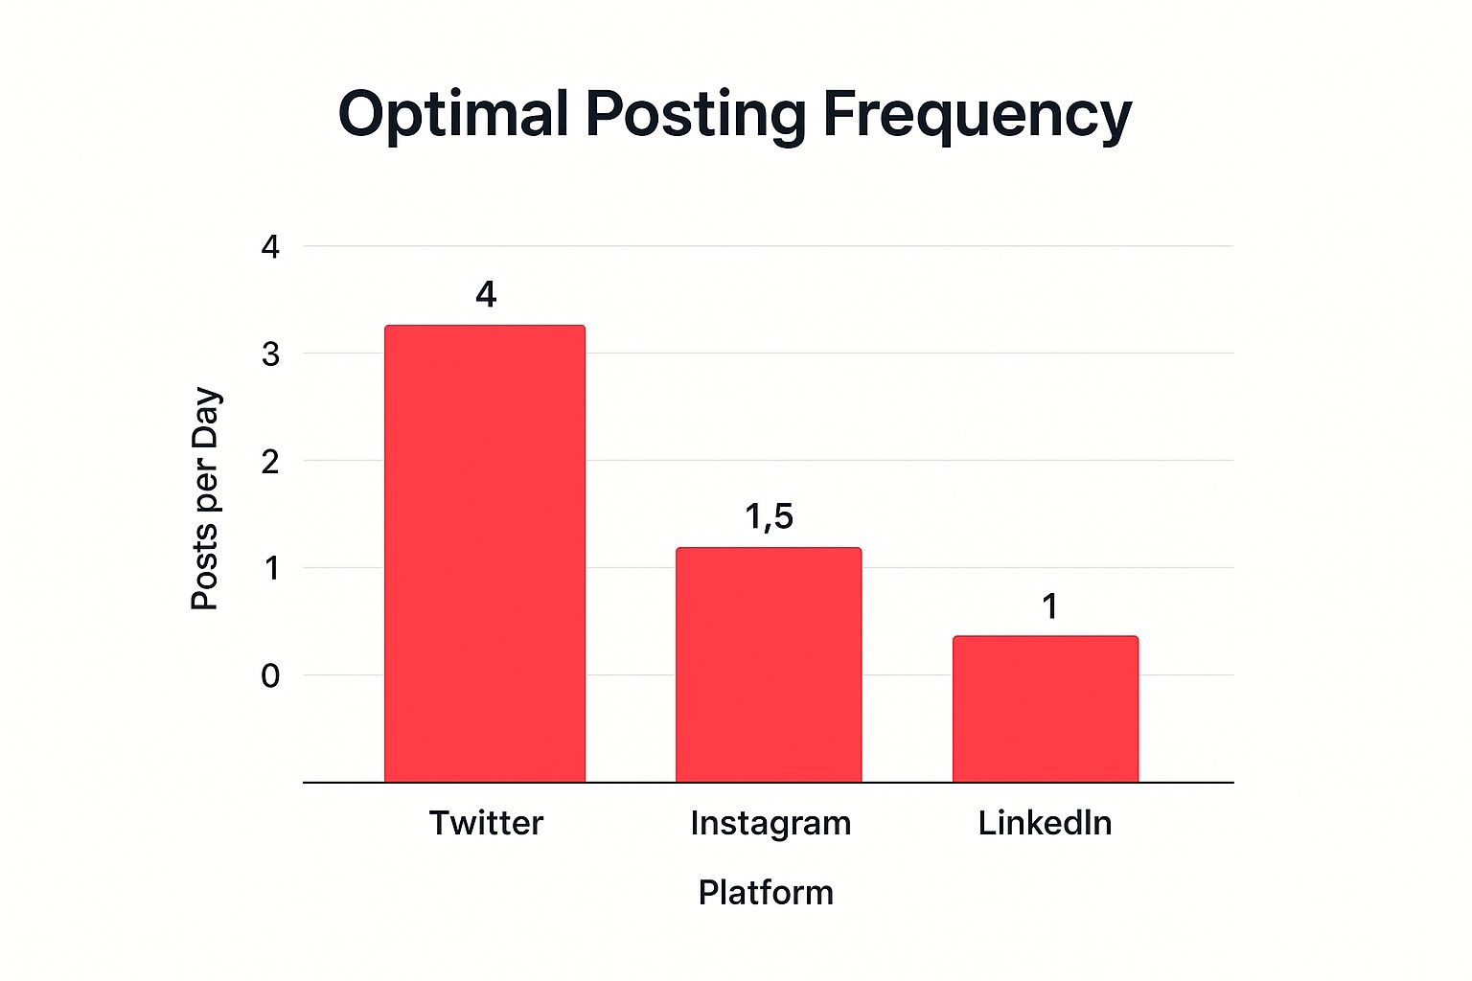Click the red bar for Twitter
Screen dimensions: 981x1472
(x=485, y=554)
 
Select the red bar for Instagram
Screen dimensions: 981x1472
(x=769, y=665)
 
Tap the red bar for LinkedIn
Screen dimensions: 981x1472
(x=1046, y=709)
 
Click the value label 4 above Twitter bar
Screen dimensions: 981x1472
(x=486, y=295)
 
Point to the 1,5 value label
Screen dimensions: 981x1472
(x=770, y=517)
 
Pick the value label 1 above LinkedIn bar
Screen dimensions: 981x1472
(x=1050, y=606)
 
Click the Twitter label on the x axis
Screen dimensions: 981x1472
(x=486, y=823)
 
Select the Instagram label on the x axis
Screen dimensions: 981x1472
(x=770, y=824)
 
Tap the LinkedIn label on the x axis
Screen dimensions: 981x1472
(x=1045, y=823)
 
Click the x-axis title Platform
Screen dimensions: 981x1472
(x=766, y=893)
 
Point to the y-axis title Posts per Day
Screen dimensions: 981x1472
(x=205, y=498)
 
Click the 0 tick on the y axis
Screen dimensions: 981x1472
(x=270, y=676)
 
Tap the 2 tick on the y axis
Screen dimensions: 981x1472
(x=270, y=462)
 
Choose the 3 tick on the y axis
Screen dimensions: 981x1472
(x=270, y=354)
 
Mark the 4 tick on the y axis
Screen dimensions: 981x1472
(x=270, y=247)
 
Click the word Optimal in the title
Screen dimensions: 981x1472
(x=453, y=115)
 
